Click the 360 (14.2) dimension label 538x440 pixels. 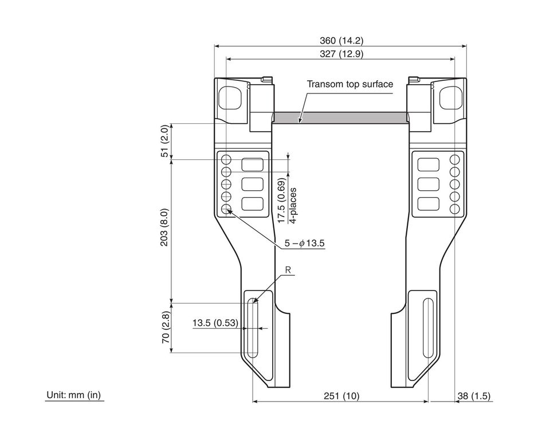[341, 41]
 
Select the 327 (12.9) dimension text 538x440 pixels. [341, 54]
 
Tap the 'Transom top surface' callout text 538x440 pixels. [349, 84]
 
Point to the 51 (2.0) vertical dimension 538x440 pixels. [165, 141]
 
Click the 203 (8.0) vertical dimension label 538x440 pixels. [164, 227]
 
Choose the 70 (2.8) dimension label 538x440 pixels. [166, 328]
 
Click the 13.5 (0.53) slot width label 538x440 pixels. [215, 323]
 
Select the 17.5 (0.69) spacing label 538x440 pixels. [281, 201]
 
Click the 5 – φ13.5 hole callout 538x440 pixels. [304, 243]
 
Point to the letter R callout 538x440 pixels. [288, 270]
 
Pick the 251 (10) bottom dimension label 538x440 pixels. [341, 396]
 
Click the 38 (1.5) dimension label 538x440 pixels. [474, 396]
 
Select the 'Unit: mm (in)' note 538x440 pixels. [74, 395]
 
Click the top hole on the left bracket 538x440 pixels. [226, 159]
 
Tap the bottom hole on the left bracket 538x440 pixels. [226, 209]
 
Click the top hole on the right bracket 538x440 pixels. [455, 159]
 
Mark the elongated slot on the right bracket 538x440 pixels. [428, 328]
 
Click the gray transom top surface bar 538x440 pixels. [340, 117]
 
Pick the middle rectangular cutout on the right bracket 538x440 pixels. [429, 184]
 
